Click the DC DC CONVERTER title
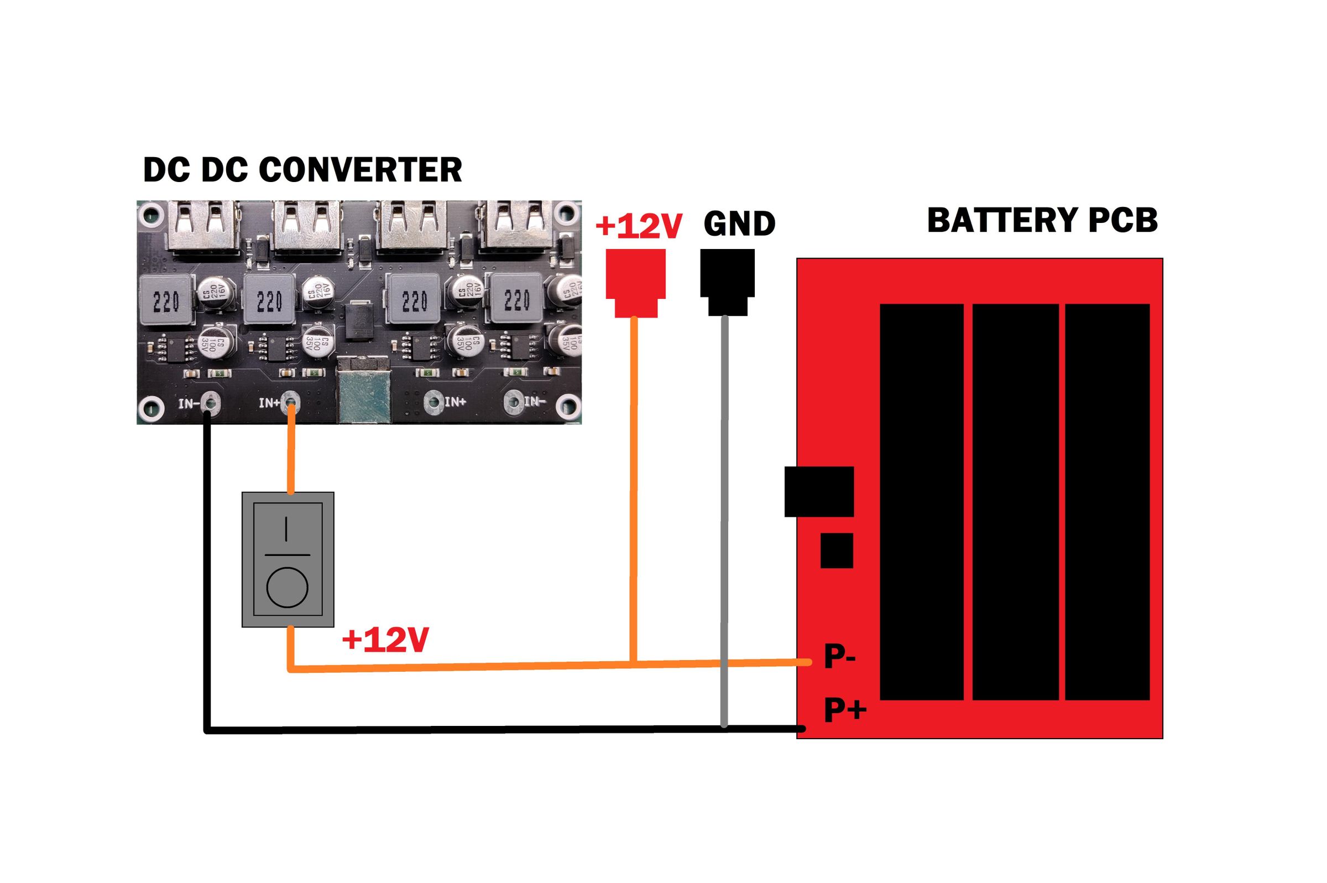tap(302, 169)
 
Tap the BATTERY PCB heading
tap(1042, 220)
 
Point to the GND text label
tap(739, 224)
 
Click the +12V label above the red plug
tap(638, 225)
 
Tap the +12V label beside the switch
tap(385, 640)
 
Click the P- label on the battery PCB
tap(839, 657)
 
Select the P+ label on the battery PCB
tap(844, 709)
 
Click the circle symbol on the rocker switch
tap(287, 588)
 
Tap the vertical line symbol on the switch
tap(286, 529)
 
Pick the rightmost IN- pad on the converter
tap(514, 401)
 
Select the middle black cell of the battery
tap(1015, 501)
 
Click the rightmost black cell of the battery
tap(1107, 501)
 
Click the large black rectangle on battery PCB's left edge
tap(819, 491)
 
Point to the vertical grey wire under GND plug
tap(724, 507)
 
